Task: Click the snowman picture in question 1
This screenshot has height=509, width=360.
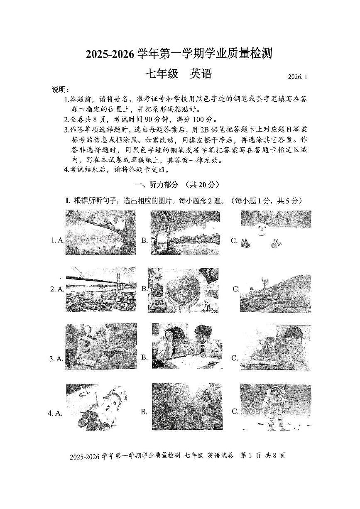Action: [275, 233]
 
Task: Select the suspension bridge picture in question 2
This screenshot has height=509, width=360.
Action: [100, 289]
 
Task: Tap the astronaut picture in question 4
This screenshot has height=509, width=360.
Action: [275, 407]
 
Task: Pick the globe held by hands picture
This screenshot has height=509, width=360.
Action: [184, 289]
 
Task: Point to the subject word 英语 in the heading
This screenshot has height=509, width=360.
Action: [201, 74]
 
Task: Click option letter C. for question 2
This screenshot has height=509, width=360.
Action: [236, 289]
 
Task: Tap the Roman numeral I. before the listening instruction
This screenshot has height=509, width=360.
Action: [69, 201]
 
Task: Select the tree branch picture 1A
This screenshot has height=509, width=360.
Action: [100, 233]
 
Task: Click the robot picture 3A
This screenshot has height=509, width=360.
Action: [101, 346]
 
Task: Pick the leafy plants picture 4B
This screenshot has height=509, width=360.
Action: [187, 407]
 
